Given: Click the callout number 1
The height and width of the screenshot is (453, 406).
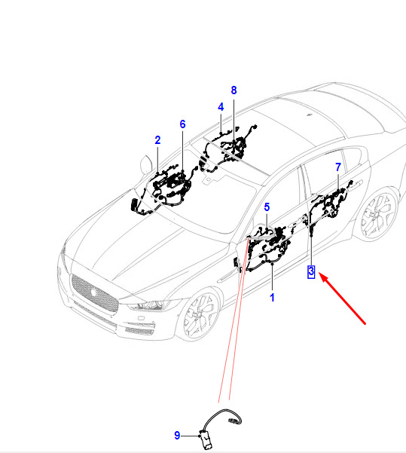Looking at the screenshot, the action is click(272, 297).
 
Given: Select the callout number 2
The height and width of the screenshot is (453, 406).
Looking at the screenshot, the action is click(157, 140).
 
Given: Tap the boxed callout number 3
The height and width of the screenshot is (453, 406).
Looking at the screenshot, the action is click(311, 271).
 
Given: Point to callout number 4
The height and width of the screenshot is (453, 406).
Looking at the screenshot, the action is click(221, 107).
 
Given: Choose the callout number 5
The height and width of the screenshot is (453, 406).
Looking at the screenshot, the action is click(267, 207).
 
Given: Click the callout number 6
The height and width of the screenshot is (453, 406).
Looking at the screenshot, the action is click(182, 124).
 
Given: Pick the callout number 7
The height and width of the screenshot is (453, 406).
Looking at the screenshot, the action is click(338, 167).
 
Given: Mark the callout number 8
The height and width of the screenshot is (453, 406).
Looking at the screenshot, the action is click(234, 90).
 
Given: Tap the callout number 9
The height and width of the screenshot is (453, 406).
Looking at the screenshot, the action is click(177, 436).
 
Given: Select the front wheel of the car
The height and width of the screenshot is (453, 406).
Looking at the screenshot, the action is click(200, 314).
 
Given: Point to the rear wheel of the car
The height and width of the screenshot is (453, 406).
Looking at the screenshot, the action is click(377, 214).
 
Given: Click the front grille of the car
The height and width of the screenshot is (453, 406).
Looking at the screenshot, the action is click(94, 293).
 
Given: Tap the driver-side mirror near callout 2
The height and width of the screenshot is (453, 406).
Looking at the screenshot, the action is click(146, 164).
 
